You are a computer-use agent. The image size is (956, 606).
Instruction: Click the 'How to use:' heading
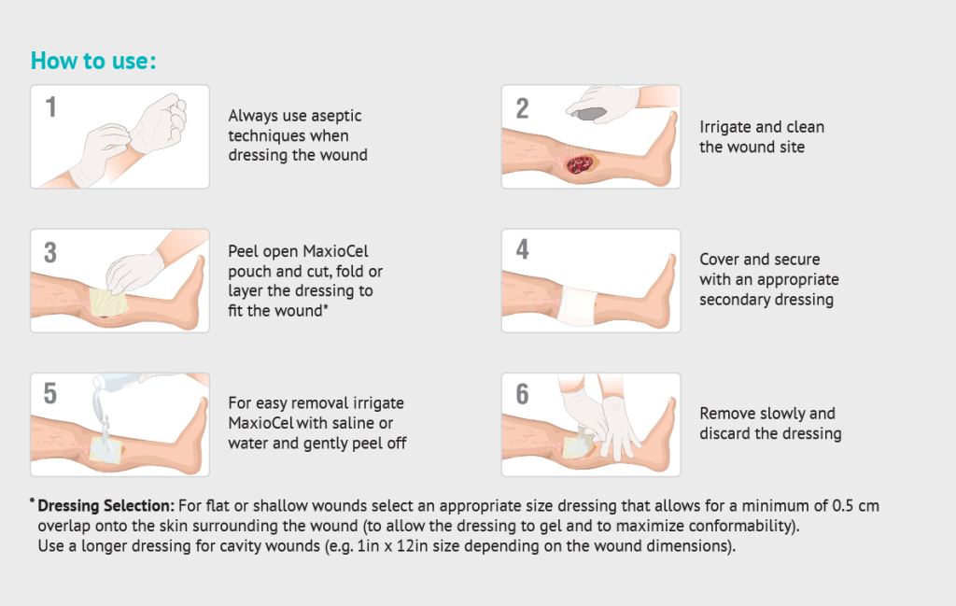[x=93, y=61]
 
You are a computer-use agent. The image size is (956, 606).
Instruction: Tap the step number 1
[x=51, y=107]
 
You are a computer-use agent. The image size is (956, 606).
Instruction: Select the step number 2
[x=522, y=108]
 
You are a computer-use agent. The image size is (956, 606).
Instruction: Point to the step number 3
[x=50, y=252]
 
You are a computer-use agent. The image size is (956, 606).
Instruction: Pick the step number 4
[x=523, y=249]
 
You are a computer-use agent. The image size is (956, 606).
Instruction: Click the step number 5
[x=50, y=393]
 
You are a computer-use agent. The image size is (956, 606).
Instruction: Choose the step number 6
[x=523, y=394]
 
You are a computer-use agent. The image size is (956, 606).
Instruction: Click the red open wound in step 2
[x=580, y=164]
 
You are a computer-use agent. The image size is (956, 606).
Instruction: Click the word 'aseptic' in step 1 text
[x=335, y=116]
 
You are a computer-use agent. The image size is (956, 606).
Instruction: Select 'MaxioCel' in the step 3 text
[x=335, y=251]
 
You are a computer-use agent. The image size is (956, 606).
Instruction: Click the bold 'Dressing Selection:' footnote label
[x=106, y=506]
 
